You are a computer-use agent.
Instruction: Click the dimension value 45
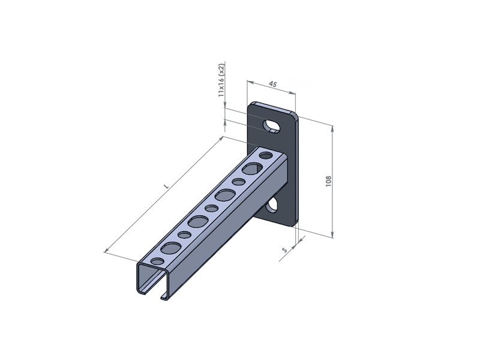[272, 84]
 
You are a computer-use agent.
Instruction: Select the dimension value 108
[328, 181]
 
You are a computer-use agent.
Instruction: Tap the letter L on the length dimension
[166, 186]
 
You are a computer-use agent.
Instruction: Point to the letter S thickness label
[284, 250]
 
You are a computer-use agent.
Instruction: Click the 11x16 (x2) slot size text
[221, 80]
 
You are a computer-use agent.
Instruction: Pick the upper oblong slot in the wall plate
[271, 126]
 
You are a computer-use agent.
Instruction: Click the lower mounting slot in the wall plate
[272, 205]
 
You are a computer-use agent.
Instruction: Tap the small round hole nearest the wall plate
[266, 155]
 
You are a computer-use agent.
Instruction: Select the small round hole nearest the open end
[158, 262]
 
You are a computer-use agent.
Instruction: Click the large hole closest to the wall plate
[253, 168]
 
